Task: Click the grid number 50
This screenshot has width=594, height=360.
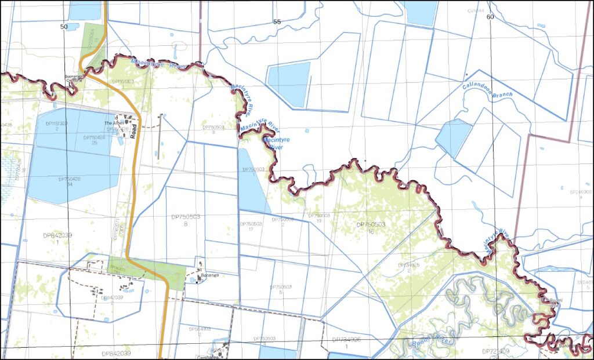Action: (64, 27)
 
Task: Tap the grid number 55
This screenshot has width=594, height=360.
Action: (277, 22)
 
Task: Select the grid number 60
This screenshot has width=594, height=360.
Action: (490, 17)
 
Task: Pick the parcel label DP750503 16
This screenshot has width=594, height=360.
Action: (370, 227)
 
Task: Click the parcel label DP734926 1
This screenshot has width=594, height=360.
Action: (347, 343)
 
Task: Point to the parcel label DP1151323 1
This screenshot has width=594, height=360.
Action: (122, 82)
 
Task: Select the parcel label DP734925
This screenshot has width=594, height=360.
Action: (409, 267)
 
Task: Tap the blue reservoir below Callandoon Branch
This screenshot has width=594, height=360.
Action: (453, 137)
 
